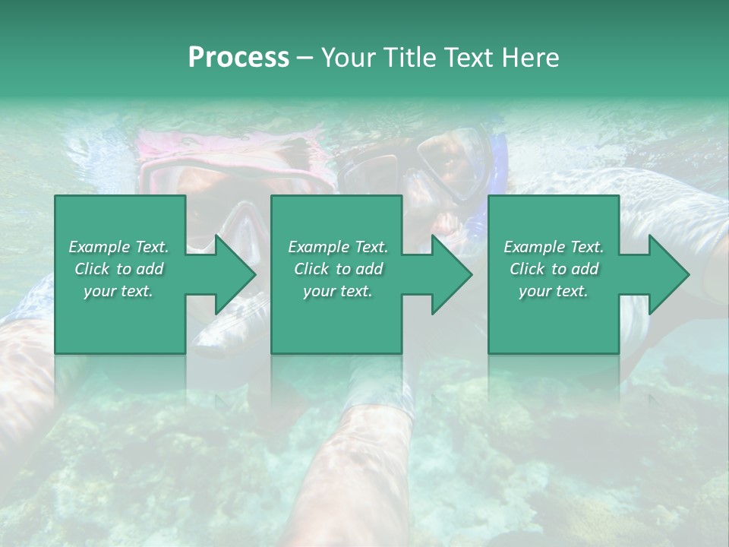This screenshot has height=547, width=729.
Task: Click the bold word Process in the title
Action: [x=238, y=58]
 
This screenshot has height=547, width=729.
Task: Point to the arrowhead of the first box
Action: [x=235, y=274]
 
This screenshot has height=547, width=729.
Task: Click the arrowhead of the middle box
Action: [x=452, y=274]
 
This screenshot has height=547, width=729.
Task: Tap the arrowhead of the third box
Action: [x=669, y=274]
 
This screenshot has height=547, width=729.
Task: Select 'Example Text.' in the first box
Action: [x=119, y=247]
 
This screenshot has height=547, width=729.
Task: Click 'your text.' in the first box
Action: [x=119, y=291]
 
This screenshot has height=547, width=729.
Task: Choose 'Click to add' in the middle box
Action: [x=338, y=269]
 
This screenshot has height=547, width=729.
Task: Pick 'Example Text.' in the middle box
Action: [x=338, y=247]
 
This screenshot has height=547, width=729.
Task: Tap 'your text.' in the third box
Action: [x=554, y=291]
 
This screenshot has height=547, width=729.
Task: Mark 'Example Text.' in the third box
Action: [x=554, y=247]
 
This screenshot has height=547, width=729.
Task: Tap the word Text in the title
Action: [x=467, y=58]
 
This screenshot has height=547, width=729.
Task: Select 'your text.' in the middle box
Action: [x=338, y=291]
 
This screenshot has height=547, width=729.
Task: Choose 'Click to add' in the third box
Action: [x=554, y=269]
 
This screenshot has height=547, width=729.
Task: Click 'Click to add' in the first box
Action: [x=119, y=269]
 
